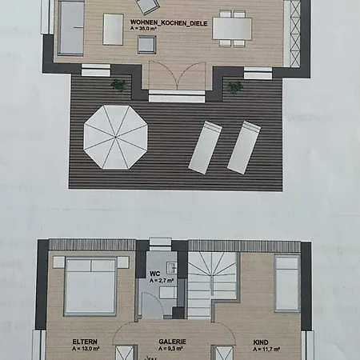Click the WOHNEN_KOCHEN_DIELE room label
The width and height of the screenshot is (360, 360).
[169, 23]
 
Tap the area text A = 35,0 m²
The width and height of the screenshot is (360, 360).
[143, 29]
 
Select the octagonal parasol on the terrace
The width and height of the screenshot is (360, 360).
[116, 137]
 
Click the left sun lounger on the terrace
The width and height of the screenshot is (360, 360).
[205, 147]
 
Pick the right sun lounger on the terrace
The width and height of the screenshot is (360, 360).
[244, 147]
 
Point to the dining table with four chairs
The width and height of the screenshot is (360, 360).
[232, 29]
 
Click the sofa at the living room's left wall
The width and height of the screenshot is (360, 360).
[70, 28]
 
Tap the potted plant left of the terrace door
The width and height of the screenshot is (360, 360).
[119, 85]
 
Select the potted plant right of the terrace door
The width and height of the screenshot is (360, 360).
[234, 87]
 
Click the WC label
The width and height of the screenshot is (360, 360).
[155, 274]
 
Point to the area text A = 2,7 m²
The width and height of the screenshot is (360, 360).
[162, 280]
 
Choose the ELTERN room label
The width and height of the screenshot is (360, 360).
[85, 342]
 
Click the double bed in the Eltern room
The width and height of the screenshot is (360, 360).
[90, 286]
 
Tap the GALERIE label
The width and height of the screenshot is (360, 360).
[172, 342]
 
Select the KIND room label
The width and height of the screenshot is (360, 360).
[261, 342]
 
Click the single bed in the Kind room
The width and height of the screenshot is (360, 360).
[287, 283]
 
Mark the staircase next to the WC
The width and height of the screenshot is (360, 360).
[213, 285]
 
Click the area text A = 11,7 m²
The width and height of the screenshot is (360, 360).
[266, 349]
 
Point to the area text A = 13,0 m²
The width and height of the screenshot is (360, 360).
[86, 348]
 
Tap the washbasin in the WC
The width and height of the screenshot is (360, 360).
[171, 267]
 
